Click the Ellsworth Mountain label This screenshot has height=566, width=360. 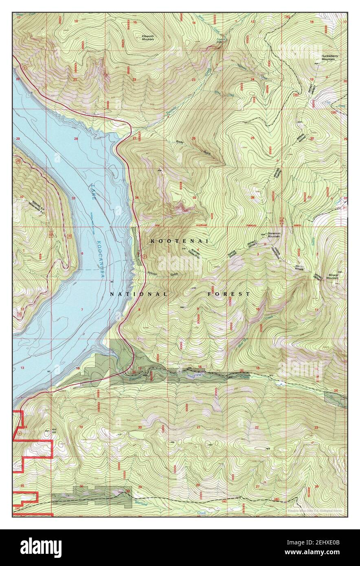click(x=147, y=37)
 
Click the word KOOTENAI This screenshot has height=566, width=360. click(x=179, y=241)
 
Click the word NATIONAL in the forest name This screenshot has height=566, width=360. click(x=138, y=294)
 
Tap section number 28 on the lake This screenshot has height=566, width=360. click(x=76, y=139)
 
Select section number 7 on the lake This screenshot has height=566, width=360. click(x=82, y=310)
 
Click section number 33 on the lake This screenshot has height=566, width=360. click(x=74, y=198)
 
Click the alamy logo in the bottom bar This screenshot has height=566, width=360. click(x=41, y=548)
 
